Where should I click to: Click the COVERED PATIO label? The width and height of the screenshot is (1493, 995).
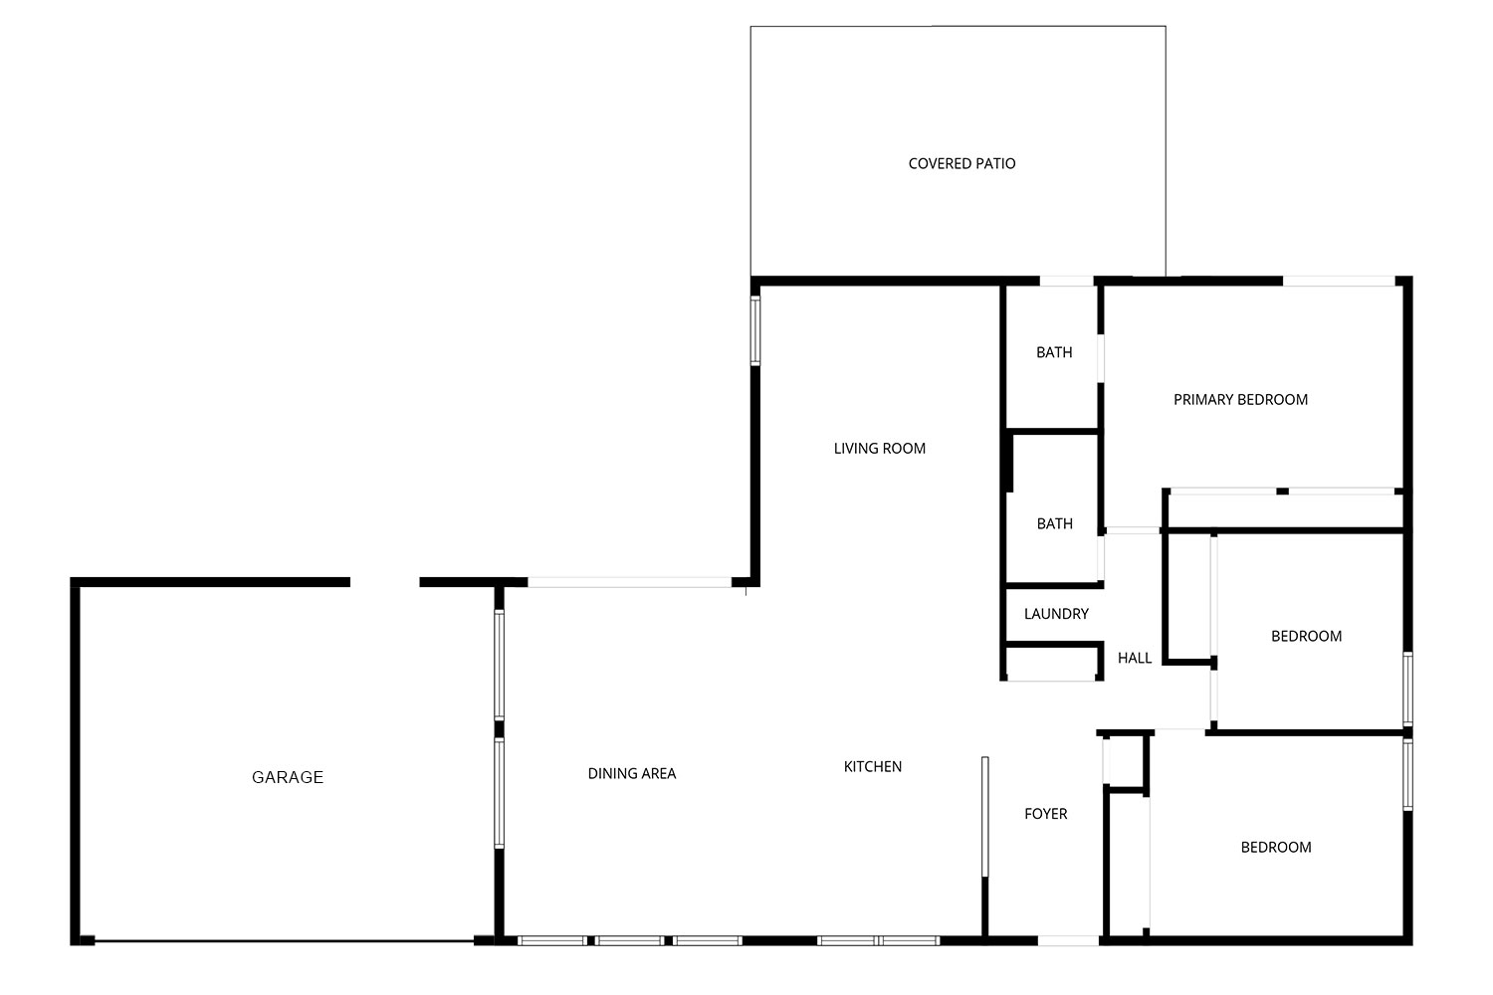tap(961, 163)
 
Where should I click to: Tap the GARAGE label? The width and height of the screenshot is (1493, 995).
tap(288, 776)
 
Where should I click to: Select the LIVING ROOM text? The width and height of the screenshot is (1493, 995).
tap(879, 448)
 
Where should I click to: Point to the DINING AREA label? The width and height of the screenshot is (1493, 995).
tap(631, 773)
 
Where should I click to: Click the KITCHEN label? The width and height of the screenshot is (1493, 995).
tap(873, 766)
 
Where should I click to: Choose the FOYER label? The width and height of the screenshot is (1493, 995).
tap(1045, 813)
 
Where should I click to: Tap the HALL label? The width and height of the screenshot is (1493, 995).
tap(1135, 658)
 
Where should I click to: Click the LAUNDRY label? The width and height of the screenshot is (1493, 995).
tap(1056, 613)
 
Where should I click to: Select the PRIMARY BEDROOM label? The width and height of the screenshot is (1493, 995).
tap(1240, 399)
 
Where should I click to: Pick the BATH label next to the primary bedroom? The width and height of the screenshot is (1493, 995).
tap(1054, 352)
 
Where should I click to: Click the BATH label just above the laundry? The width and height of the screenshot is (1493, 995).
tap(1054, 523)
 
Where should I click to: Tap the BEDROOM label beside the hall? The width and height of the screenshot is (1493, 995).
tap(1306, 636)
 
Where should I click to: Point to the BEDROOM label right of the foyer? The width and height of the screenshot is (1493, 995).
tap(1276, 847)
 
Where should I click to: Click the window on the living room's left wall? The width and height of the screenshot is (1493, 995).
tap(755, 330)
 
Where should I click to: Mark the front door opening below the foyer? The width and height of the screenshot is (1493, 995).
tap(1068, 940)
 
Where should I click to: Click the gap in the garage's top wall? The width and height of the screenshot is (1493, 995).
tap(384, 582)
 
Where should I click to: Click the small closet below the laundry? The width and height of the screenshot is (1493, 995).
tap(1052, 663)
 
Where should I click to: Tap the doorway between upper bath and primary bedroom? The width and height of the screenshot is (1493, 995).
tap(1101, 358)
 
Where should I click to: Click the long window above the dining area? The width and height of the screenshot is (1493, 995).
tap(630, 582)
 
